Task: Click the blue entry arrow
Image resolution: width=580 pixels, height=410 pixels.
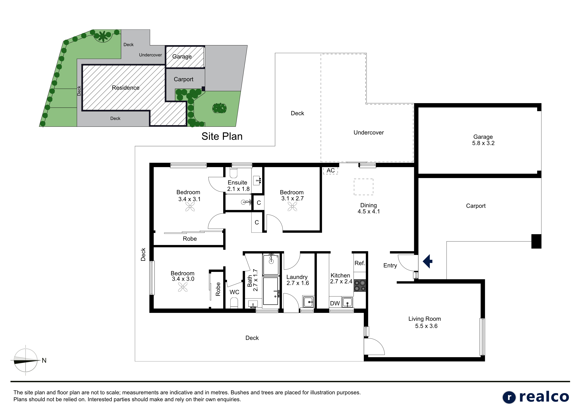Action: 428,261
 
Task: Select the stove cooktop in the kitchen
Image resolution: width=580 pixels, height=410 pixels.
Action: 360,286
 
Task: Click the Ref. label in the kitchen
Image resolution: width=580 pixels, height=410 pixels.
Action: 360,263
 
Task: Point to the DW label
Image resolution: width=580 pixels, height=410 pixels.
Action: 335,303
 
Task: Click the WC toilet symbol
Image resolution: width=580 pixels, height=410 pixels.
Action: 234,303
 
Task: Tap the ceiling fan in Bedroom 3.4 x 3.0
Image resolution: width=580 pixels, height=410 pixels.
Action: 183,287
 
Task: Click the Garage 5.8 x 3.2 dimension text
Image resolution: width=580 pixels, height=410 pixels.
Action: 483,143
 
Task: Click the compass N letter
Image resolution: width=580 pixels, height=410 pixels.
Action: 44,361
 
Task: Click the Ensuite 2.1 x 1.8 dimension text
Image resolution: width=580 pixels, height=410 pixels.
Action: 238,189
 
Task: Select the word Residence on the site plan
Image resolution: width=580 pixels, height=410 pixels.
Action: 125,88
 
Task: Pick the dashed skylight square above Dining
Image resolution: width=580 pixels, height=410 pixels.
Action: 364,187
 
